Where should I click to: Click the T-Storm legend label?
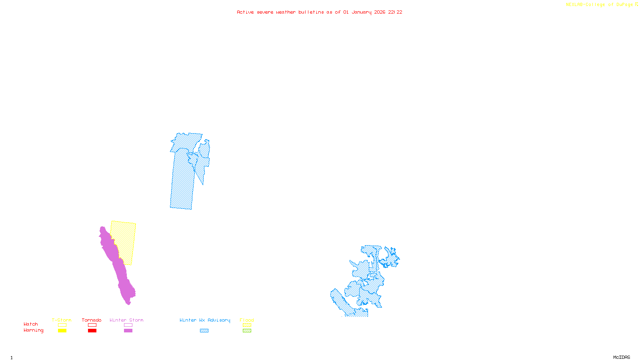point(62,320)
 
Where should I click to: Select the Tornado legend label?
point(92,320)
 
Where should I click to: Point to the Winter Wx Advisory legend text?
point(205,320)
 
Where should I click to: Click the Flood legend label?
point(247,320)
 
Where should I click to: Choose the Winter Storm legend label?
point(126,320)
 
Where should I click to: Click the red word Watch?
point(31,324)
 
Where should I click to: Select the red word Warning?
point(34,330)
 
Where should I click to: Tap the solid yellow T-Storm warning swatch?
point(62,331)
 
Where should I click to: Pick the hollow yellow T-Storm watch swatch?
point(62,325)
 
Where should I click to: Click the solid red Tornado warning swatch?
point(92,331)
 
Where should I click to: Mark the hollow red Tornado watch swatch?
point(92,325)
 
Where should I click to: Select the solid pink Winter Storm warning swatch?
point(128,331)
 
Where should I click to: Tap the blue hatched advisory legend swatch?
point(204,331)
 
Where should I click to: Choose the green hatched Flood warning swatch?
point(247,331)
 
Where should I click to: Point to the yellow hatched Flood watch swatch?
point(247,325)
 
